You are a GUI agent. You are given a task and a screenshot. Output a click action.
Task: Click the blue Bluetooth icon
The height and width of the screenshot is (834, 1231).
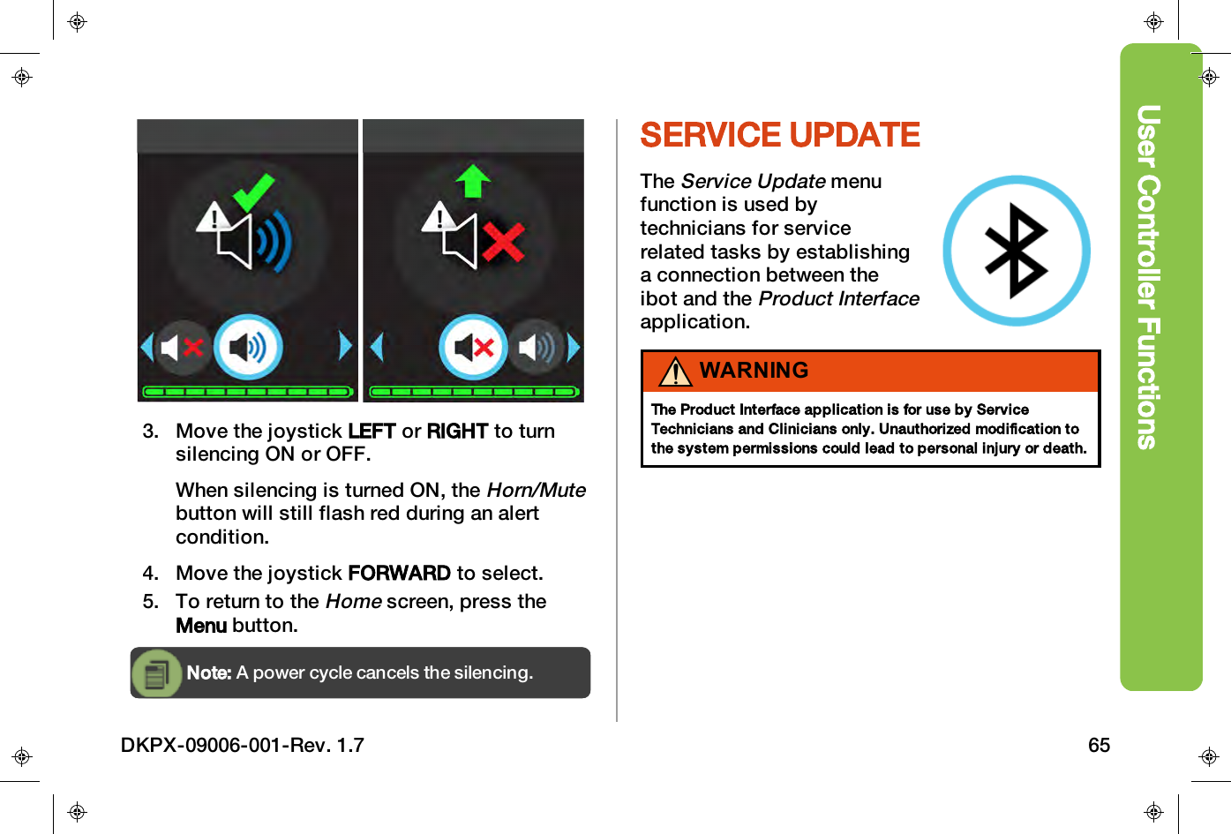coord(1016,251)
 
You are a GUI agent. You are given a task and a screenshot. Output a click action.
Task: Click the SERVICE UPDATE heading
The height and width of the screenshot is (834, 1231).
coord(779,136)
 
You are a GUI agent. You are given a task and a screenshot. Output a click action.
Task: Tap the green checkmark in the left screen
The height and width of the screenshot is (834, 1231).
coord(253,192)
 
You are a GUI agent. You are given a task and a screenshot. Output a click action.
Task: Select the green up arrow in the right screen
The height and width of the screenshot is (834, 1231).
coord(474,181)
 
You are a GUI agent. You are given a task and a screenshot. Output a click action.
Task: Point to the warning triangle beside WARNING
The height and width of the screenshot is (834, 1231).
coord(675,372)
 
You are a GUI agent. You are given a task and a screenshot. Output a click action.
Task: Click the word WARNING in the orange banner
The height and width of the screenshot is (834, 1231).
coord(754,371)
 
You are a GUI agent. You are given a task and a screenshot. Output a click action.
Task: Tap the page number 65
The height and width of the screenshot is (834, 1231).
coord(1099,746)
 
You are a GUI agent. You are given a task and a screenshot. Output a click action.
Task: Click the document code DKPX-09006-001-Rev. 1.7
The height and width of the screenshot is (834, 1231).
coord(243,746)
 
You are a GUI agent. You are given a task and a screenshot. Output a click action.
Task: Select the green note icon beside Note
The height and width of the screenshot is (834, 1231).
coord(157,673)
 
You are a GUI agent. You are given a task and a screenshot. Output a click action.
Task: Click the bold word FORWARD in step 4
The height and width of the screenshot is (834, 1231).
coord(399,574)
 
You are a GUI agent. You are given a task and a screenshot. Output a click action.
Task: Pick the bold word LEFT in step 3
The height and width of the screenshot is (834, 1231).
coord(372,432)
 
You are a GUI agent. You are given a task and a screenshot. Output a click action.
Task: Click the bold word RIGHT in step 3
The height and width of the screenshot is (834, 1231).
coord(457,432)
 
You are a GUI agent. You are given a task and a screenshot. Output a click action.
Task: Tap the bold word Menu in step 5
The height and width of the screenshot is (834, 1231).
coord(201,626)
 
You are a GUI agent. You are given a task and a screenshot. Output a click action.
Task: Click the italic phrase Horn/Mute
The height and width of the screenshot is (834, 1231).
coord(536,491)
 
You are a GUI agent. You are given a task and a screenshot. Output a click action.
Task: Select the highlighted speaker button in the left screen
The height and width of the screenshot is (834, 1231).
coord(248,347)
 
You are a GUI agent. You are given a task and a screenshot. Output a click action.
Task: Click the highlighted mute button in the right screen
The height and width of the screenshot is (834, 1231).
coord(474,347)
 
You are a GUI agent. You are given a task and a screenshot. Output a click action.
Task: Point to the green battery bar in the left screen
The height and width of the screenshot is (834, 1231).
coord(248,391)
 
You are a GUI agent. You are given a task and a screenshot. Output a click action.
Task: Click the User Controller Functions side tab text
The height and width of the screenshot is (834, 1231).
coord(1148,277)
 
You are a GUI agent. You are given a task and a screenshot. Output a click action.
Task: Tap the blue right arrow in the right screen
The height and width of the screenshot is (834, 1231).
coord(574,347)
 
